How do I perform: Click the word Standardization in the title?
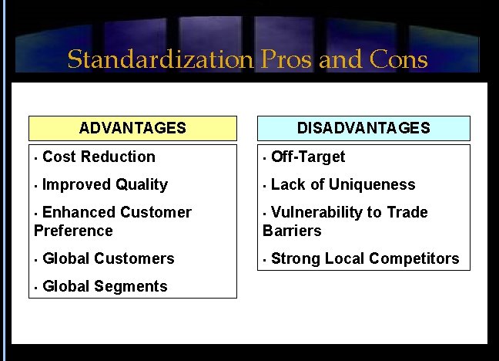pyautogui.click(x=159, y=60)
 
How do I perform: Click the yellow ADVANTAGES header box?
pyautogui.click(x=132, y=128)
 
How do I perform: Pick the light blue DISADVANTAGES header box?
pyautogui.click(x=363, y=128)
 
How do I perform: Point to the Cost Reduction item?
pyautogui.click(x=99, y=157)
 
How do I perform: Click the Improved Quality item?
pyautogui.click(x=105, y=184)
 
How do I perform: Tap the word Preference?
pyautogui.click(x=73, y=231)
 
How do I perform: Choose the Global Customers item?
pyautogui.click(x=109, y=258)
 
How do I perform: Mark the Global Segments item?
pyautogui.click(x=105, y=286)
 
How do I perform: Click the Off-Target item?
pyautogui.click(x=308, y=157)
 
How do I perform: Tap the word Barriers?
pyautogui.click(x=292, y=231)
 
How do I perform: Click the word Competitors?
pyautogui.click(x=416, y=258)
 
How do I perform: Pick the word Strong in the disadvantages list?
pyautogui.click(x=293, y=258)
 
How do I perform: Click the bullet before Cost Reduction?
pyautogui.click(x=36, y=157)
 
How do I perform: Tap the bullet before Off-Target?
pyautogui.click(x=265, y=157)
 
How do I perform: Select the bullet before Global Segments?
pyautogui.click(x=36, y=287)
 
